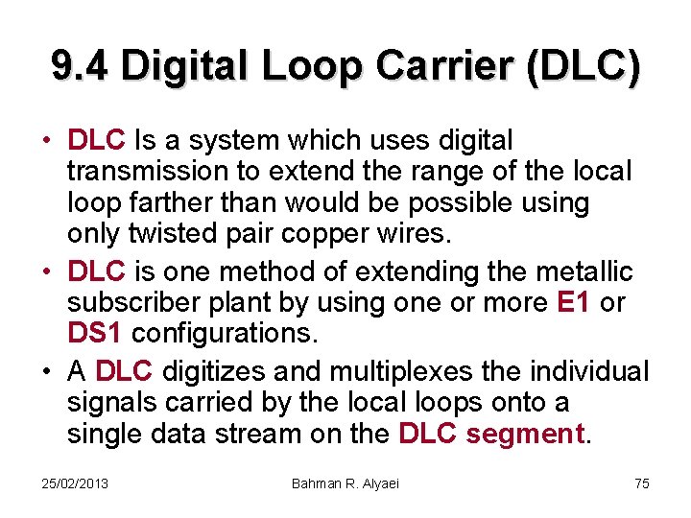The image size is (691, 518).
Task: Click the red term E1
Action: click(574, 304)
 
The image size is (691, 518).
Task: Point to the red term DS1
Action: click(95, 334)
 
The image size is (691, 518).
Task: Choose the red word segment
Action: click(526, 434)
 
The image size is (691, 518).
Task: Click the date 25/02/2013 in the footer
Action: click(76, 483)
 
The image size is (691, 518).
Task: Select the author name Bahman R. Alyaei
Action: click(345, 483)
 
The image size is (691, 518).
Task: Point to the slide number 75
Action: click(642, 483)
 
